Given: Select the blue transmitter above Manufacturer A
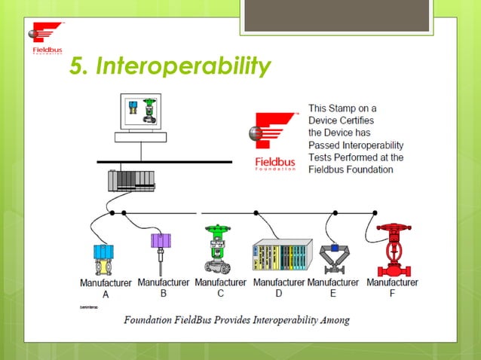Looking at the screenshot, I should (x=103, y=257).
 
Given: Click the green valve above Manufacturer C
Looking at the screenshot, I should (x=219, y=248).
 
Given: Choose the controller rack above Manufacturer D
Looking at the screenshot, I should (x=282, y=255).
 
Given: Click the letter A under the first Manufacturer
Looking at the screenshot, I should (x=106, y=294).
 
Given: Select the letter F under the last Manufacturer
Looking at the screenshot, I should (x=392, y=294).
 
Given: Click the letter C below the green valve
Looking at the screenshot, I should (x=220, y=294).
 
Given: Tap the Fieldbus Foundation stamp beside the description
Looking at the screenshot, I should (x=274, y=143).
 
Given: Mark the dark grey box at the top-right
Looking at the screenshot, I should (x=337, y=15).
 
